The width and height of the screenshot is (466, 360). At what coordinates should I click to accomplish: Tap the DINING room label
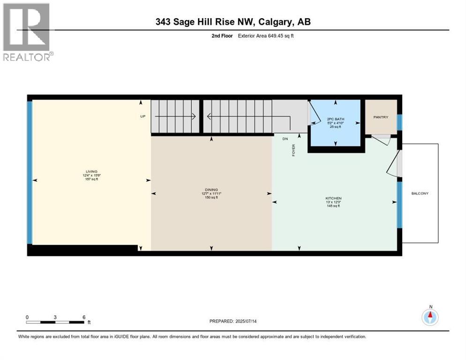point(211,189)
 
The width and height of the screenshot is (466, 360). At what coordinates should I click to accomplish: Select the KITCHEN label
point(333,198)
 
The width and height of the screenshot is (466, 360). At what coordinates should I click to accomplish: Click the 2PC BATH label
point(335,119)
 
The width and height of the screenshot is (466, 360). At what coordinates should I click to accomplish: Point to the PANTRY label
point(381,117)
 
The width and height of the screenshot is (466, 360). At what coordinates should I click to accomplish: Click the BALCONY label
point(420,193)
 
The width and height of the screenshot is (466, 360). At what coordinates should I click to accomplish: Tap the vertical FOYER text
point(294,150)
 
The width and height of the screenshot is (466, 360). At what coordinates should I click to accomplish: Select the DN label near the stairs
point(285,139)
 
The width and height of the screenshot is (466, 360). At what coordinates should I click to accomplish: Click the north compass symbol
point(430,317)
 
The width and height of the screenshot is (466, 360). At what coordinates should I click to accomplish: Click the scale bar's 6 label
point(84,317)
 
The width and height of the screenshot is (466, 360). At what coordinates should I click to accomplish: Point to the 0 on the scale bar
point(27,317)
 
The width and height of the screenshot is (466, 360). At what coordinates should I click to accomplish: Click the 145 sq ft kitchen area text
point(333,206)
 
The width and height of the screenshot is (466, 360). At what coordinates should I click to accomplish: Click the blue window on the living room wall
point(30,172)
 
